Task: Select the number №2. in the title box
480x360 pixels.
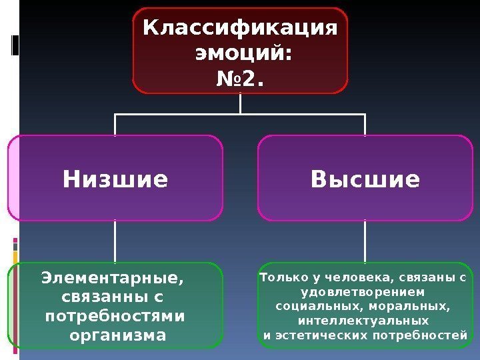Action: click(x=240, y=80)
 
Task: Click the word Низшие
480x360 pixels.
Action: click(x=115, y=179)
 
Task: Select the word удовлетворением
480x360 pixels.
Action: click(x=363, y=291)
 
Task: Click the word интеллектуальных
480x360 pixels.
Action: click(x=363, y=320)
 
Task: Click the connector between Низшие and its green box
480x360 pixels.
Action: click(x=115, y=241)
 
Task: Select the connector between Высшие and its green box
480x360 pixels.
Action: click(x=365, y=241)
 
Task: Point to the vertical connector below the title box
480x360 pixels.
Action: click(x=240, y=103)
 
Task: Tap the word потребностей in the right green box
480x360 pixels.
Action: click(x=433, y=335)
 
